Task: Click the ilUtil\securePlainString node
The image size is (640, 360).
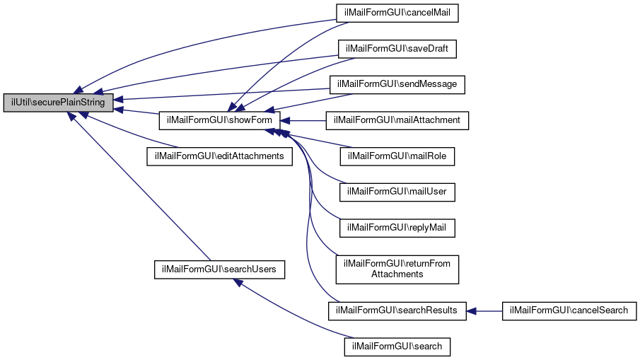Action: click(58, 103)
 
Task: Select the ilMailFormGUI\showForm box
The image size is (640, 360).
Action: click(220, 120)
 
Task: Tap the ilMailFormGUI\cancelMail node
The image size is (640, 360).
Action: click(397, 13)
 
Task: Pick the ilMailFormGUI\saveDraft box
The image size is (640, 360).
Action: click(397, 49)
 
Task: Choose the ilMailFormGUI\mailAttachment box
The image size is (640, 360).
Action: click(397, 120)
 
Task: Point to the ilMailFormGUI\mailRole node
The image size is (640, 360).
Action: click(397, 156)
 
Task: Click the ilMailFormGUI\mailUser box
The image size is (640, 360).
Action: click(397, 192)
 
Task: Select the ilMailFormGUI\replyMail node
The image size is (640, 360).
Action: click(397, 228)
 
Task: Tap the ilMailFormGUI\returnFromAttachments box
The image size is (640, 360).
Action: click(397, 269)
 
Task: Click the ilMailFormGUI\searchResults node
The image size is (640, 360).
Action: click(397, 310)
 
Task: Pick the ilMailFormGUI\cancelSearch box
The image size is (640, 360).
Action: click(569, 310)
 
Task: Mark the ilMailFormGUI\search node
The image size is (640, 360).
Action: click(397, 347)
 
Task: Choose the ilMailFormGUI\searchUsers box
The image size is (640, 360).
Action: click(220, 269)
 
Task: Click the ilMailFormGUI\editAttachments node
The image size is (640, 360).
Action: click(219, 156)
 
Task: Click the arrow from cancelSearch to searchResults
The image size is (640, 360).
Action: click(484, 310)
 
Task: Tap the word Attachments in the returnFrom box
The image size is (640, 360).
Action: click(397, 274)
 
